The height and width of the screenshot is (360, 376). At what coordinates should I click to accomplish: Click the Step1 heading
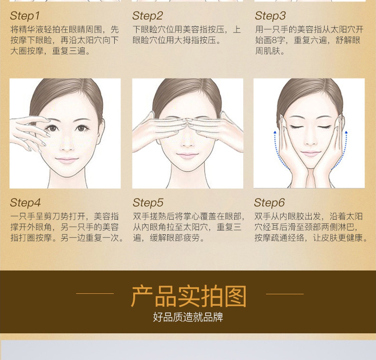click(25, 16)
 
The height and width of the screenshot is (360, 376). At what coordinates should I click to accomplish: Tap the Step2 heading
click(148, 16)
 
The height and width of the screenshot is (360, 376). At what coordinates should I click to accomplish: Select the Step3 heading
click(270, 16)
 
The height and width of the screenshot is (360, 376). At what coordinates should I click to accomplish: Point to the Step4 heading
click(25, 203)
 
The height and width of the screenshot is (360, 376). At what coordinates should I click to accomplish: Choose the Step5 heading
click(148, 203)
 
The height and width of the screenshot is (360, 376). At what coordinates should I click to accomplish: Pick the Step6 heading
click(269, 203)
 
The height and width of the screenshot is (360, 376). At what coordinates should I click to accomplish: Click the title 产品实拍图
click(189, 296)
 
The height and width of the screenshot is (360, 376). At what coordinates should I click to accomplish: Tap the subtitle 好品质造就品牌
click(188, 317)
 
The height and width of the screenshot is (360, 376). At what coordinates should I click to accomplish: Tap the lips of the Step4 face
click(67, 160)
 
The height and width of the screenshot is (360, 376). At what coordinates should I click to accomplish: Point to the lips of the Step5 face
click(187, 155)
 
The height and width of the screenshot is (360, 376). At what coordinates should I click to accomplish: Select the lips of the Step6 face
click(310, 153)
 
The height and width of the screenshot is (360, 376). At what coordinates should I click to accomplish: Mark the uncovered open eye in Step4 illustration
click(81, 128)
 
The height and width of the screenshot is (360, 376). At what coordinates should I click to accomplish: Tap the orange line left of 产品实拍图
click(95, 293)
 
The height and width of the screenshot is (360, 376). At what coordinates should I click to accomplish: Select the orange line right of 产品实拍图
click(285, 293)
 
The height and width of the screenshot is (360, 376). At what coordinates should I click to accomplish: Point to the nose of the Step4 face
click(67, 145)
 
